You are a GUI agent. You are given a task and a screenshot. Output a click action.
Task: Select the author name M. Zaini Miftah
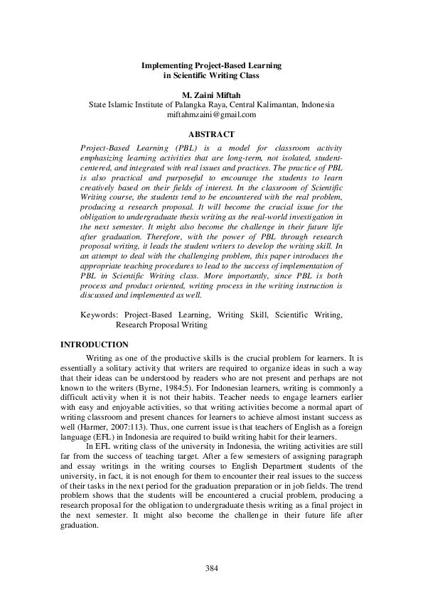pyautogui.click(x=211, y=94)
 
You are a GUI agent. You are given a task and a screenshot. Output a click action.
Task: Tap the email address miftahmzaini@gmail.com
pyautogui.click(x=211, y=114)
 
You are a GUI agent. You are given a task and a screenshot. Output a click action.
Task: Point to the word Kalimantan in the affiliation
pyautogui.click(x=276, y=104)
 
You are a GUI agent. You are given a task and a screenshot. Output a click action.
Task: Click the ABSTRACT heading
pyautogui.click(x=211, y=133)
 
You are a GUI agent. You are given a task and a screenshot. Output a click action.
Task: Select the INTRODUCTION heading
pyautogui.click(x=95, y=344)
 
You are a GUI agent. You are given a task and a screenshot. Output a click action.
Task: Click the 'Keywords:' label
pyautogui.click(x=99, y=313)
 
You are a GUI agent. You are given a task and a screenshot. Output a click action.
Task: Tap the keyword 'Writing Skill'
pyautogui.click(x=240, y=313)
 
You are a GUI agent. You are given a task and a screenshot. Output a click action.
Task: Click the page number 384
pyautogui.click(x=211, y=568)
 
